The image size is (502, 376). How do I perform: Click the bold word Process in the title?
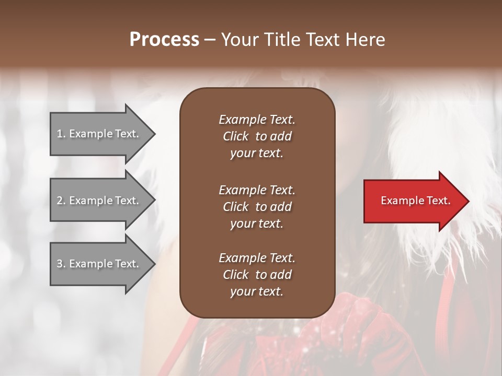[164, 40]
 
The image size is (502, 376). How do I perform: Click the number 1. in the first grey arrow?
[61, 134]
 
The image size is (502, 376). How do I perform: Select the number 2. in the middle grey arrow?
[61, 201]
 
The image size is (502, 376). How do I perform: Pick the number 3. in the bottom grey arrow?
[61, 264]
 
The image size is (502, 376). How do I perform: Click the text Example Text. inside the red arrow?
[415, 201]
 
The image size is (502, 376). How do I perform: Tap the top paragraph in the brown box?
[257, 136]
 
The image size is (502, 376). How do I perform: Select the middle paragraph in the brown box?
[257, 207]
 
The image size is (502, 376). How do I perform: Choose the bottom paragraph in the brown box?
[257, 275]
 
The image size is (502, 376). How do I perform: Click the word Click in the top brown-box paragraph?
[236, 136]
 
